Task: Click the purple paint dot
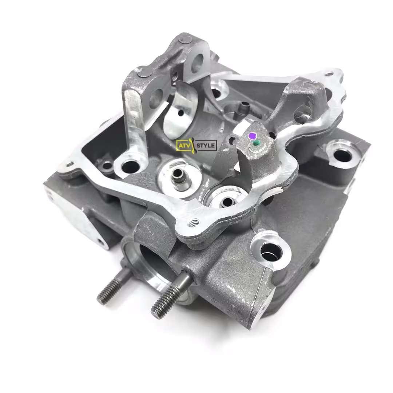point(252,136)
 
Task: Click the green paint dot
point(256,143)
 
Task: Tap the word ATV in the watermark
point(184,145)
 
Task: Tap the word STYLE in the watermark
point(206,145)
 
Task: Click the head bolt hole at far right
point(342,155)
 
